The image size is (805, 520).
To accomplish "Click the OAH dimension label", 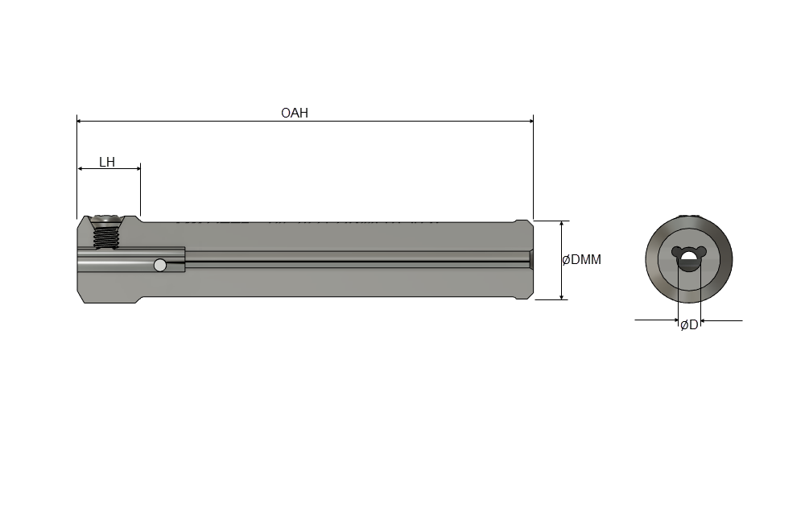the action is [x=294, y=113].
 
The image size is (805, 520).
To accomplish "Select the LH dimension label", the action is [x=107, y=163].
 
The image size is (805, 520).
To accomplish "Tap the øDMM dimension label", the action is [x=582, y=260].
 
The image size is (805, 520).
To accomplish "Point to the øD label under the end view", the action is [x=690, y=325].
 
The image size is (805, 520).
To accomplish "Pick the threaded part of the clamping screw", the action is [x=105, y=237].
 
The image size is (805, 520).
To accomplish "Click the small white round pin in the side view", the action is [x=160, y=265].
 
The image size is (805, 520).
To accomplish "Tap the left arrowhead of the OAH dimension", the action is [x=80, y=121].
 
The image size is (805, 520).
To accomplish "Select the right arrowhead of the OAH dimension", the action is [x=530, y=121].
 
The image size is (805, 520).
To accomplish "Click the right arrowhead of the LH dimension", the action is [x=137, y=168].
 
